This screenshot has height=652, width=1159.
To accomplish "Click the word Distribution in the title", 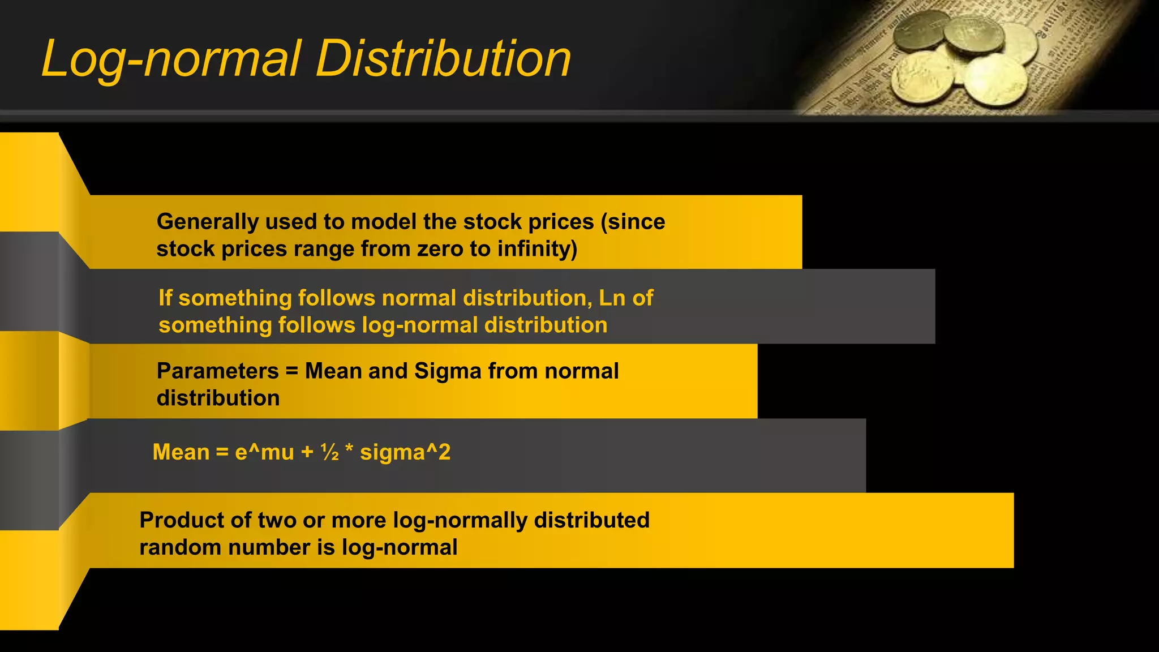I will pyautogui.click(x=443, y=59).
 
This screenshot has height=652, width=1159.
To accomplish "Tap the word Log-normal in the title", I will pyautogui.click(x=171, y=60).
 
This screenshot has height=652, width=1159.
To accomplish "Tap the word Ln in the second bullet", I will pyautogui.click(x=612, y=298).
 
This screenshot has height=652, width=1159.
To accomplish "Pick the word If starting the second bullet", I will pyautogui.click(x=165, y=298).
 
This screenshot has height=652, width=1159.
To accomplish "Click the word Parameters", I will pyautogui.click(x=217, y=371).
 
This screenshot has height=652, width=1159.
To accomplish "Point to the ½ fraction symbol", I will pyautogui.click(x=329, y=452).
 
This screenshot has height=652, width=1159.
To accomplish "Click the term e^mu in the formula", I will pyautogui.click(x=264, y=452).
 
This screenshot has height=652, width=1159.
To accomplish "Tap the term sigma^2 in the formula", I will pyautogui.click(x=405, y=452).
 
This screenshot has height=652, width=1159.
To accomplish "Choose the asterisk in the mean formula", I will pyautogui.click(x=349, y=450).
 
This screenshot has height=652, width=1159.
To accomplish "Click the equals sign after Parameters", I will pyautogui.click(x=291, y=372).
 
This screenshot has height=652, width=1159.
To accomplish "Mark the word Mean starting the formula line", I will pyautogui.click(x=181, y=452).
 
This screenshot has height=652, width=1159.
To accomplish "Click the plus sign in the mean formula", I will pyautogui.click(x=307, y=452).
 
